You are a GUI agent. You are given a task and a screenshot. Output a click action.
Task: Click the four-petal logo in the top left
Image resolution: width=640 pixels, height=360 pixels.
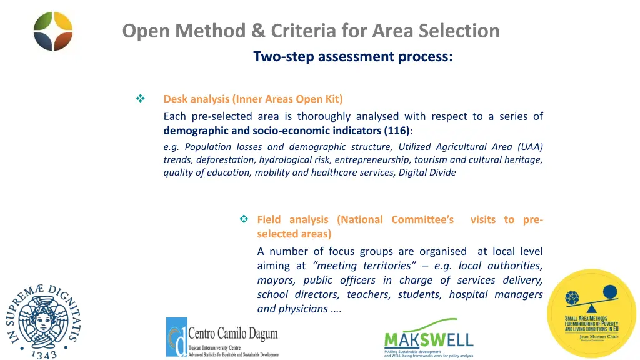pyautogui.click(x=53, y=31)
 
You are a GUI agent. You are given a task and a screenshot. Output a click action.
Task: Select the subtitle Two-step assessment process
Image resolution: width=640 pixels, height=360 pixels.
pyautogui.click(x=353, y=56)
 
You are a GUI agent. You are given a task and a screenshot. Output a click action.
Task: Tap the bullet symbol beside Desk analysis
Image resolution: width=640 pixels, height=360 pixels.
pyautogui.click(x=140, y=99)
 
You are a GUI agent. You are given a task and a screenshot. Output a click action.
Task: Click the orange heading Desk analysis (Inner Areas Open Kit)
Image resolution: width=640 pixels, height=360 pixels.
pyautogui.click(x=253, y=99)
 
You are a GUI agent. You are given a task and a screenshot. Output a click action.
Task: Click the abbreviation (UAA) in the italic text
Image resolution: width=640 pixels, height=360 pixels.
pyautogui.click(x=530, y=147)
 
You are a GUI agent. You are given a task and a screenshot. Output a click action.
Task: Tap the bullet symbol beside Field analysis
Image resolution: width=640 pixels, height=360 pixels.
pyautogui.click(x=244, y=219)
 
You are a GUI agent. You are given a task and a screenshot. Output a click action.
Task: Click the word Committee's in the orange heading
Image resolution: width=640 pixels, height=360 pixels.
pyautogui.click(x=422, y=219)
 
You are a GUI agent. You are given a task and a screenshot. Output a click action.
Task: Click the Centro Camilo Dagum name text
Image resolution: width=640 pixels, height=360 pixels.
pyautogui.click(x=232, y=332)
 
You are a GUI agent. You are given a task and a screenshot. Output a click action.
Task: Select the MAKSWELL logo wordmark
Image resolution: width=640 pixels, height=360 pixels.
pyautogui.click(x=428, y=340)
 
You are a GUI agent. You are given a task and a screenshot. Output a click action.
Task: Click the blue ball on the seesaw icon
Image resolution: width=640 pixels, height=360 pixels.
pyautogui.click(x=610, y=291)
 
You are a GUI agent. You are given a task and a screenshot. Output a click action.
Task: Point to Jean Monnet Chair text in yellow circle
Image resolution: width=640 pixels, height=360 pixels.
pyautogui.click(x=593, y=336)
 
